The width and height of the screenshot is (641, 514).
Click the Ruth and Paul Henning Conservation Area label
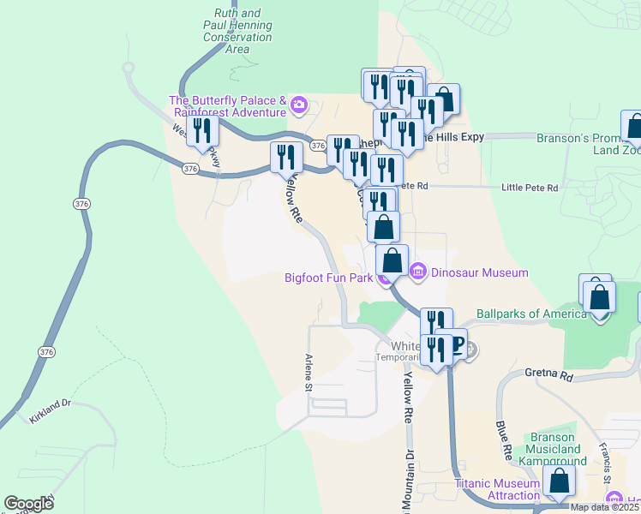237,32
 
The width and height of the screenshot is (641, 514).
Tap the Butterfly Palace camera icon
298,105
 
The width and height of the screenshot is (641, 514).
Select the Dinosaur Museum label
478,273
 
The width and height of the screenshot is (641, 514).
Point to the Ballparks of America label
531,314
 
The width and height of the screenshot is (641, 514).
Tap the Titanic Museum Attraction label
497,489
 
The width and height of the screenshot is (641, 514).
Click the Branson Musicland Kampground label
549,449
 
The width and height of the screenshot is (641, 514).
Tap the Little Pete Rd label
529,188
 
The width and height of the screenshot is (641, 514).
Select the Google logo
28,504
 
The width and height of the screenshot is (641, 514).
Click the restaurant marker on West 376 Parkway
201,132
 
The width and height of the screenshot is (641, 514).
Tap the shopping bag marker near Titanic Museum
558,483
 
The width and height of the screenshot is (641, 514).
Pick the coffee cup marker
453,344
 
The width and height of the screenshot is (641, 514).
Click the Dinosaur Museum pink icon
418,272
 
